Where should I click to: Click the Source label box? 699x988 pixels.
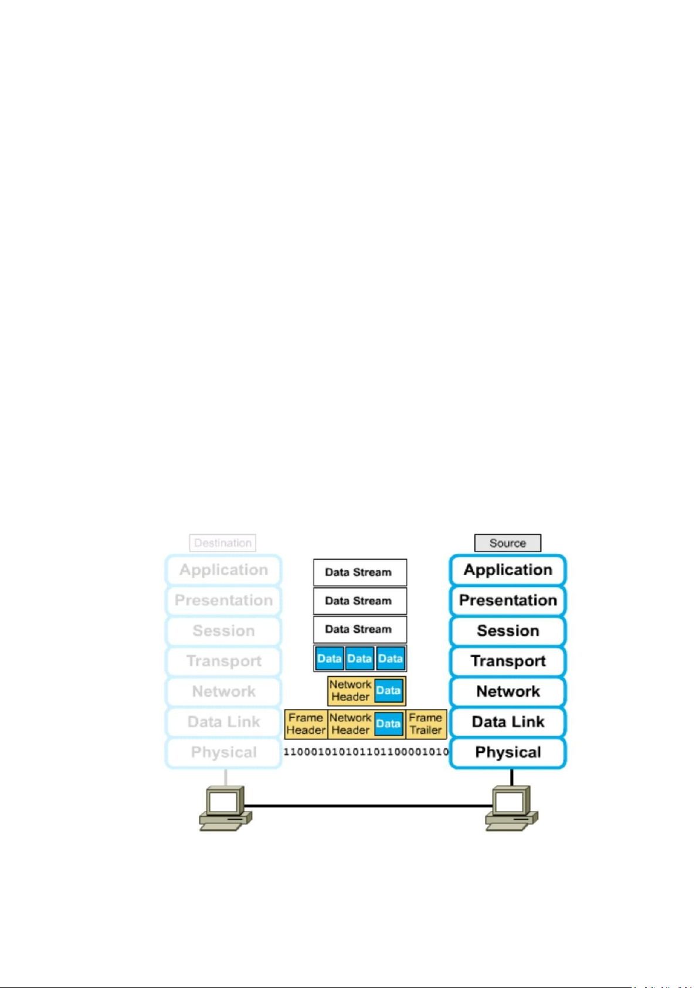[507, 543]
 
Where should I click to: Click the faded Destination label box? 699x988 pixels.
[223, 543]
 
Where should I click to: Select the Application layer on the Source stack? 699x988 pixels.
[508, 570]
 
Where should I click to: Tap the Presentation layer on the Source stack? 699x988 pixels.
[508, 600]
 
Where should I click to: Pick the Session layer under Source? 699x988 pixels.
[508, 631]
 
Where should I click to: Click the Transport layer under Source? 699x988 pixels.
[508, 661]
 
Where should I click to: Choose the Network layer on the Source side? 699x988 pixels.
[508, 692]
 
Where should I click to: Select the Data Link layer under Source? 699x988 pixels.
[508, 722]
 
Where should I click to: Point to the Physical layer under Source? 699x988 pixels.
[508, 752]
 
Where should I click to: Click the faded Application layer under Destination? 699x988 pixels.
[223, 570]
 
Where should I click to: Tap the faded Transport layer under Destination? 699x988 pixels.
[223, 661]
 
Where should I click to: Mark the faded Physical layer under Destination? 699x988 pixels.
[223, 752]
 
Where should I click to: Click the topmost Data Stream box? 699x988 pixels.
[359, 572]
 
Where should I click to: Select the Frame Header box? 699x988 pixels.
[306, 724]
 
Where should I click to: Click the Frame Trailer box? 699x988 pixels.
[426, 724]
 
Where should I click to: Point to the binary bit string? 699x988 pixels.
[366, 752]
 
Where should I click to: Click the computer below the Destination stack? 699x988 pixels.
[225, 809]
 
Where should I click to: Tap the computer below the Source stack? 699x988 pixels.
[511, 809]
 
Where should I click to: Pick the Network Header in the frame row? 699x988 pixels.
[351, 724]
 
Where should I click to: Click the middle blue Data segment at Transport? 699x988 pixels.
[359, 658]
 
